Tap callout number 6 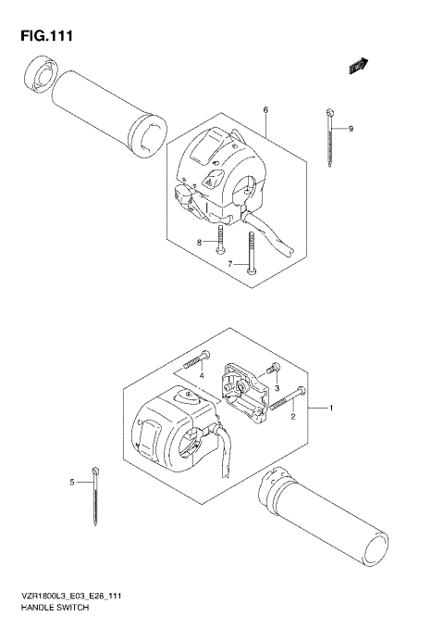tap(265, 110)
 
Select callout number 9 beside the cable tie tap(351, 129)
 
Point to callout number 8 tap(198, 243)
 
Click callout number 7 tap(230, 264)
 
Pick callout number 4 tap(201, 375)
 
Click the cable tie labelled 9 tap(330, 136)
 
